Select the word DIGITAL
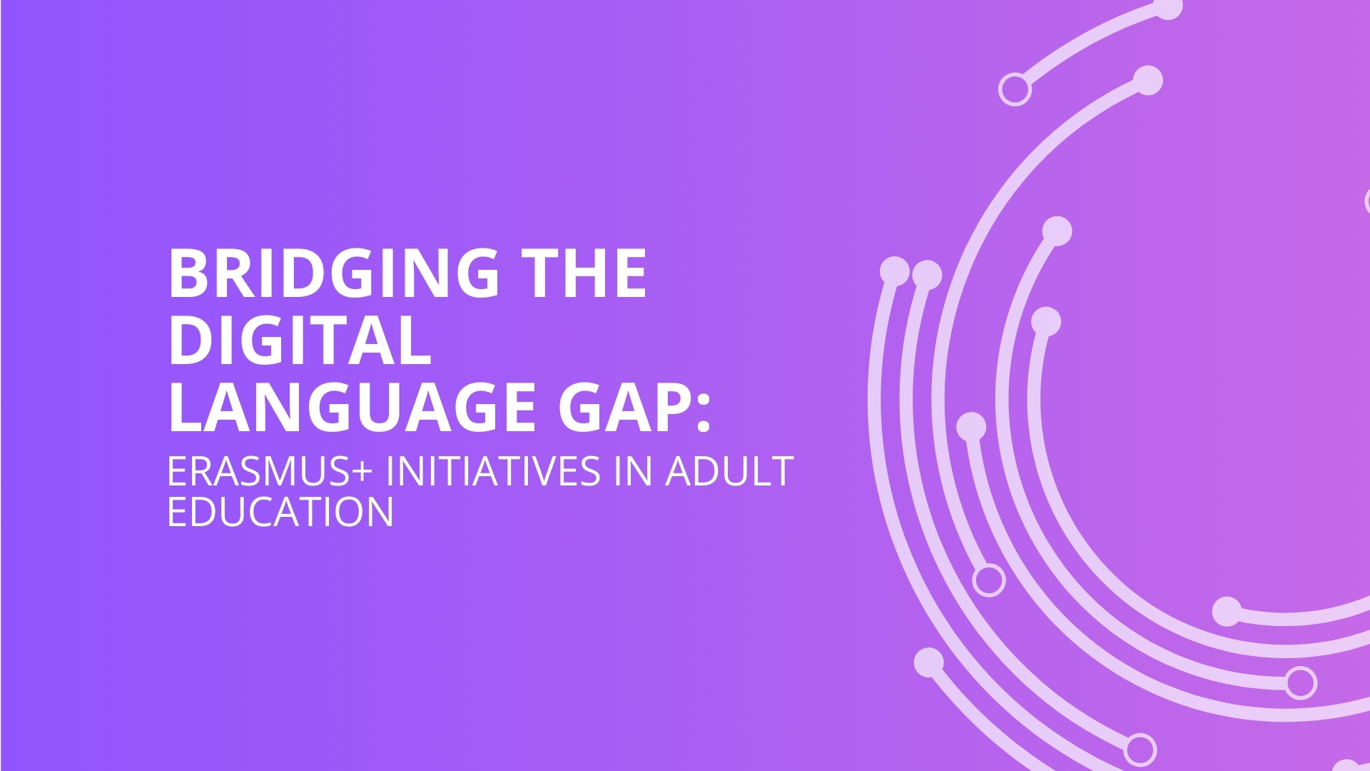click(x=300, y=341)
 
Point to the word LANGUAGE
click(x=352, y=408)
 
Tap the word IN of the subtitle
click(x=633, y=471)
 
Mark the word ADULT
click(x=729, y=471)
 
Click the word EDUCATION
click(x=280, y=512)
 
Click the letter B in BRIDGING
click(x=188, y=273)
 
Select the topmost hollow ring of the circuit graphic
click(x=1015, y=90)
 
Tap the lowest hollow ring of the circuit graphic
click(x=1140, y=750)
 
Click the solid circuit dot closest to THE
click(x=895, y=271)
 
